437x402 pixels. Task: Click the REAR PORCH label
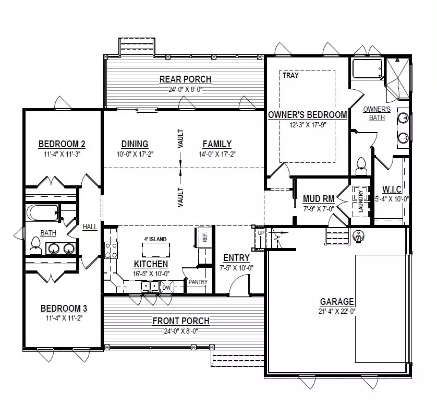point(185,79)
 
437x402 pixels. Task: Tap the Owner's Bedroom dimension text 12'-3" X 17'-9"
point(308,125)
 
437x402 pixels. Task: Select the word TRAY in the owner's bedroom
point(290,75)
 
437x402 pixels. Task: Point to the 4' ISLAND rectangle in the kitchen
point(156,250)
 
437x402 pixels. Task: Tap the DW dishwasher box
point(166,288)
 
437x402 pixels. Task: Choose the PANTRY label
point(198,282)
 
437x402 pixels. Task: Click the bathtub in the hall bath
point(42,213)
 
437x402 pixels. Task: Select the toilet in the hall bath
point(35,245)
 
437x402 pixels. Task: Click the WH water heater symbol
point(358,236)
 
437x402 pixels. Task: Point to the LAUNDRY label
point(361,201)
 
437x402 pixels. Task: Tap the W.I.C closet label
point(392,190)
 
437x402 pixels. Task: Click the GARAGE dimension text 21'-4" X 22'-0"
point(337,311)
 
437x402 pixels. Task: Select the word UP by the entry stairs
point(261,233)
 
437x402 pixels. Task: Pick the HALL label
point(90,227)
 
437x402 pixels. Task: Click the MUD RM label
point(319,199)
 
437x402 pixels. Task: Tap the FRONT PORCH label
point(181,321)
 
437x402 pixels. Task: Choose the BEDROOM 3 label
point(64,309)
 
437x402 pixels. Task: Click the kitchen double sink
point(150,287)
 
